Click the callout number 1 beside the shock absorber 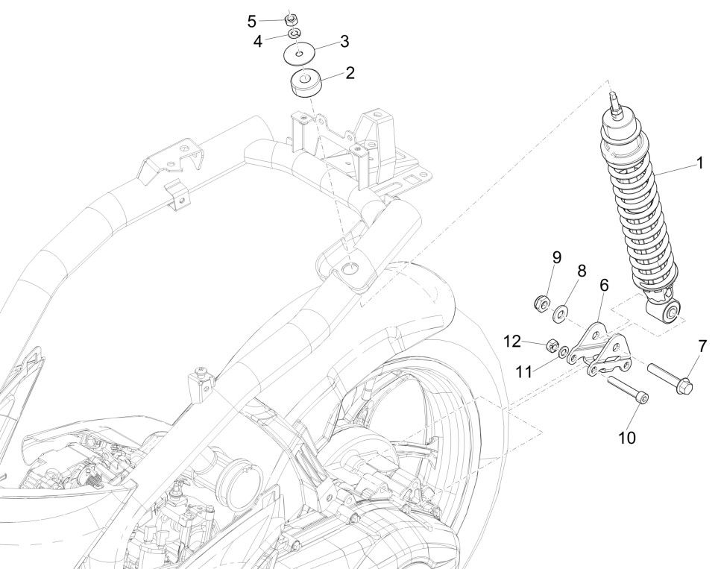(x=699, y=163)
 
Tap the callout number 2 (x=349, y=73)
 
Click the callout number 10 (x=627, y=438)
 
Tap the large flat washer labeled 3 (x=301, y=54)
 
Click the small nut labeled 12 (x=553, y=345)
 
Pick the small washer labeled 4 (x=296, y=34)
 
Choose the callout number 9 (x=556, y=257)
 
